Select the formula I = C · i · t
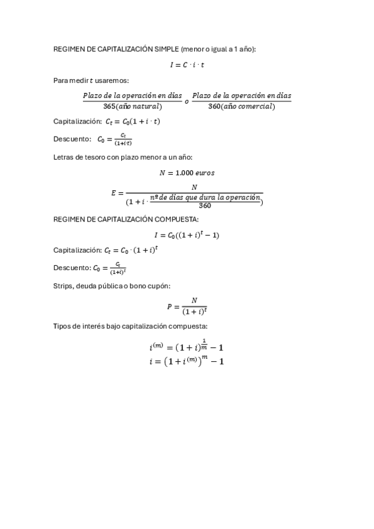pyautogui.click(x=187, y=64)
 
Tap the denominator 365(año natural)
pyautogui.click(x=132, y=107)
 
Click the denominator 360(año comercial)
pyautogui.click(x=242, y=107)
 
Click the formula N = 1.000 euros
pyautogui.click(x=187, y=172)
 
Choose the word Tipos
pyautogui.click(x=63, y=326)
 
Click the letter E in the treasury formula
pyautogui.click(x=114, y=193)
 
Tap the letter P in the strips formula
pyautogui.click(x=169, y=306)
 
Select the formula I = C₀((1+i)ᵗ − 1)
pyautogui.click(x=187, y=235)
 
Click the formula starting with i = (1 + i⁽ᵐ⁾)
pyautogui.click(x=187, y=362)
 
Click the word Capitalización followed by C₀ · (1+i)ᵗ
pyautogui.click(x=77, y=250)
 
